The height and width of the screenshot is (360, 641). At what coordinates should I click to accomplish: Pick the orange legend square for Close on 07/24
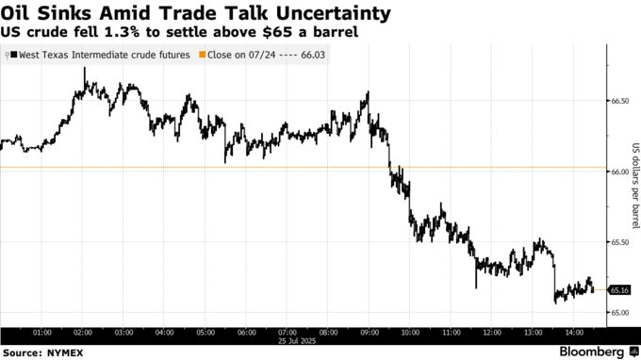coord(200,56)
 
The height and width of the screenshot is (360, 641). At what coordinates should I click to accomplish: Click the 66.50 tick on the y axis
coord(620,101)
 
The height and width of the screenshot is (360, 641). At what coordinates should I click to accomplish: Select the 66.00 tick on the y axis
coord(620,172)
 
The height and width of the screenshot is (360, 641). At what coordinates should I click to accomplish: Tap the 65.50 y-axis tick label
coord(620,242)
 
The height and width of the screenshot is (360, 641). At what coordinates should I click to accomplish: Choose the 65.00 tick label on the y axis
coord(620,313)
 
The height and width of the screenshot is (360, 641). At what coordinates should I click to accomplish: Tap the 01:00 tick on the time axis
coord(41,332)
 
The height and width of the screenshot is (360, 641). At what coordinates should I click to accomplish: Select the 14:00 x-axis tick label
coord(571,332)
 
